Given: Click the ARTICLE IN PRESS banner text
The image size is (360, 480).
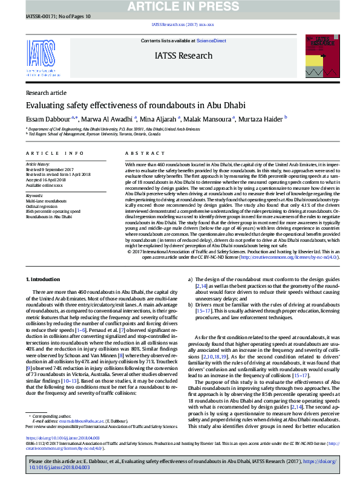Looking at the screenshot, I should point(180,6).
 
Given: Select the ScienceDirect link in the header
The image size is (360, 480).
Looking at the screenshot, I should point(211,41).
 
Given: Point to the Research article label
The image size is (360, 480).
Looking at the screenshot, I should point(47,93).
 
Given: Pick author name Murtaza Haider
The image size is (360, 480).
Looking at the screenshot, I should point(283,119).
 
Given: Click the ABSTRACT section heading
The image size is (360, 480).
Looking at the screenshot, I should point(140,154).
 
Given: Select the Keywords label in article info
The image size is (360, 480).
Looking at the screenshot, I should point(34,196).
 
